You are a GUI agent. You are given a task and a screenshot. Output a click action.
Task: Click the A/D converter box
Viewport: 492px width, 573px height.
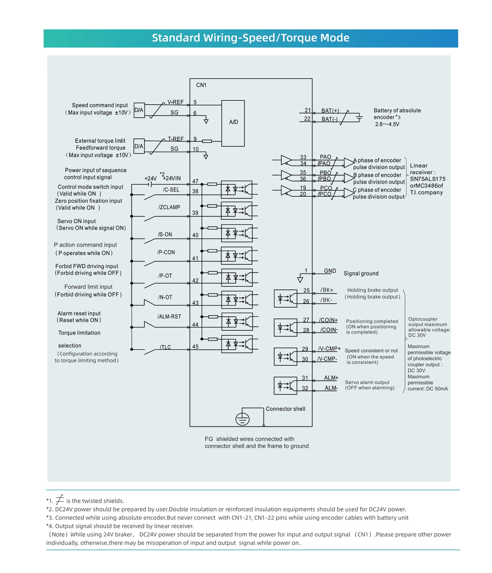tap(233, 123)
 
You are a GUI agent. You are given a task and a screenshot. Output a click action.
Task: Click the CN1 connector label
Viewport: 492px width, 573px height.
tap(201, 85)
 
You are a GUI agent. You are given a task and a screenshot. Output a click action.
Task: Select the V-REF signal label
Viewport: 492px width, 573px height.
tap(175, 102)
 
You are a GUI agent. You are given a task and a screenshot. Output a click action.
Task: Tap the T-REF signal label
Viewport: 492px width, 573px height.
tap(175, 139)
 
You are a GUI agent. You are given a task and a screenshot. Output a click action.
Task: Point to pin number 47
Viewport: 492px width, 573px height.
tap(195, 181)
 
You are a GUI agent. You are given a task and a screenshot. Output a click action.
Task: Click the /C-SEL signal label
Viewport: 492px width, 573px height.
tap(171, 190)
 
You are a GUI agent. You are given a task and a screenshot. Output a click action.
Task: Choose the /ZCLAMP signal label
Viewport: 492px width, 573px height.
tap(169, 207)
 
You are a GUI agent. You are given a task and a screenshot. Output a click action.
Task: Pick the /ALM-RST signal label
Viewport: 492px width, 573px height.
tap(169, 316)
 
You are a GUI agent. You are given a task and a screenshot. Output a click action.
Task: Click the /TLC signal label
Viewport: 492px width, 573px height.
tap(166, 347)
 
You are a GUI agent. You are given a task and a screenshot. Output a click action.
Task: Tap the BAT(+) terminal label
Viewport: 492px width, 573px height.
tap(330, 111)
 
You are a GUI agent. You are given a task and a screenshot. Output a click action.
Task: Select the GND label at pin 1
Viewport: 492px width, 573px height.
tap(330, 271)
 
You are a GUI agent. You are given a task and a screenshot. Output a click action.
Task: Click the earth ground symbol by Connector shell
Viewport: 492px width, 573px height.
tap(242, 419)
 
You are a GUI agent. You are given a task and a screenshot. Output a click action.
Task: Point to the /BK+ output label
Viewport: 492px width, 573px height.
tap(326, 290)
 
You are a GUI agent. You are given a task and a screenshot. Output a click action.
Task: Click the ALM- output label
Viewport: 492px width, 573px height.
tap(331, 388)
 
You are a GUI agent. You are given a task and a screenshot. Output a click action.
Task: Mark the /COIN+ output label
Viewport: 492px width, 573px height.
tap(328, 320)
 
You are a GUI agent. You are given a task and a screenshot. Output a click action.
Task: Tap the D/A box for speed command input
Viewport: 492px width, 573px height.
tap(139, 110)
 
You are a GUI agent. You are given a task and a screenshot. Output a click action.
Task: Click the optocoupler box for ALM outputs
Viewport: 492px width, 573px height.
tap(285, 386)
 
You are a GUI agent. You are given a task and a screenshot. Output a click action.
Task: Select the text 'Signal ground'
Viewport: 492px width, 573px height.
tap(361, 274)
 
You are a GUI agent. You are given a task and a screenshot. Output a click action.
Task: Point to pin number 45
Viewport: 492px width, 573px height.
tap(195, 347)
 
